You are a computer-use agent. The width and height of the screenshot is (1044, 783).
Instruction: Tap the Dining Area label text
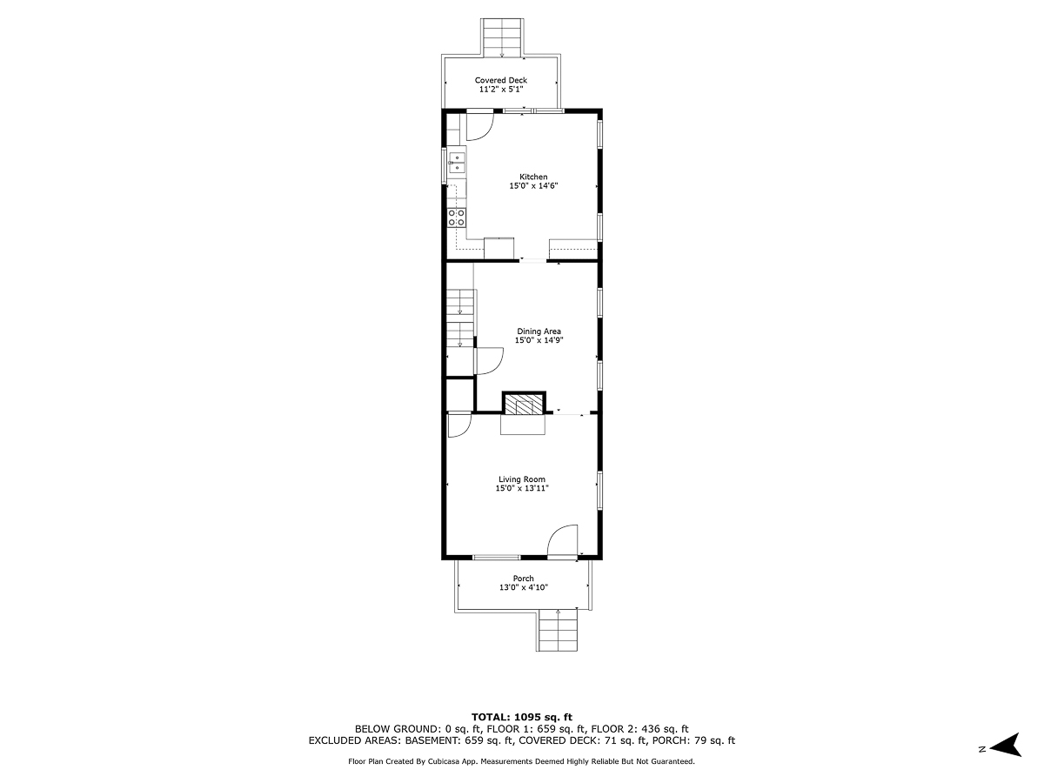(x=539, y=331)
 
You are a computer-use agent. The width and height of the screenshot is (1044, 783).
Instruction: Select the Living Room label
(x=522, y=479)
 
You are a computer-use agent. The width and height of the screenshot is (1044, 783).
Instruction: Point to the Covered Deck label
(x=501, y=80)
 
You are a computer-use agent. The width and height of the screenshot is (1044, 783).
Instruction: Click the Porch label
(x=523, y=579)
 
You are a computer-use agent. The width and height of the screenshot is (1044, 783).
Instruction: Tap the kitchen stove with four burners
(x=456, y=217)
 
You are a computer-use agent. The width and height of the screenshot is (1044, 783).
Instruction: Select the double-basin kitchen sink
(x=456, y=162)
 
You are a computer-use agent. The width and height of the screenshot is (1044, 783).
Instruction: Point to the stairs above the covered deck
(x=502, y=37)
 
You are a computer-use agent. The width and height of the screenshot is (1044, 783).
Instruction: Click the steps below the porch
(x=559, y=630)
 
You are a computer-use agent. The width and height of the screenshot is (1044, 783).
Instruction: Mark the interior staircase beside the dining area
(x=459, y=317)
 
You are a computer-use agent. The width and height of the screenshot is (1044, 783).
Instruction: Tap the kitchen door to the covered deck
(x=479, y=126)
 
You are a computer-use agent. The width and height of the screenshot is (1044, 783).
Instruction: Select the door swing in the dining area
(x=487, y=360)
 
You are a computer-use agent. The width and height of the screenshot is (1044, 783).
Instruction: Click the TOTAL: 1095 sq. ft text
(x=522, y=716)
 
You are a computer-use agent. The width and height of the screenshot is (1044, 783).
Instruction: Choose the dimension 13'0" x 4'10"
(x=523, y=588)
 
